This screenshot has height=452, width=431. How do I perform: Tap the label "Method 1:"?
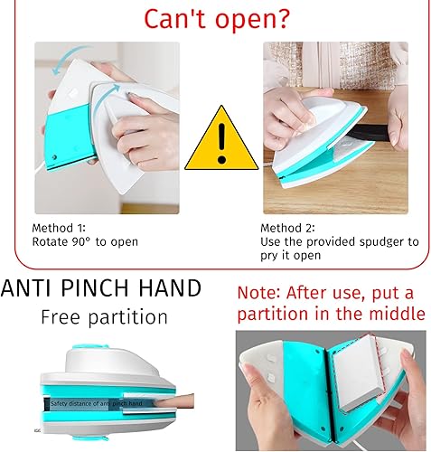pos(61,228)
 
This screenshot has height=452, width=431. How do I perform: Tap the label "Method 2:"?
pos(289,228)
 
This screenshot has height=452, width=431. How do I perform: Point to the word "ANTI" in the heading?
pos(26,289)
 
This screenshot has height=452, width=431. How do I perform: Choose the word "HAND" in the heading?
pos(168,289)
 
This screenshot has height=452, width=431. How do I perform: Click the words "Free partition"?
pos(104,317)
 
